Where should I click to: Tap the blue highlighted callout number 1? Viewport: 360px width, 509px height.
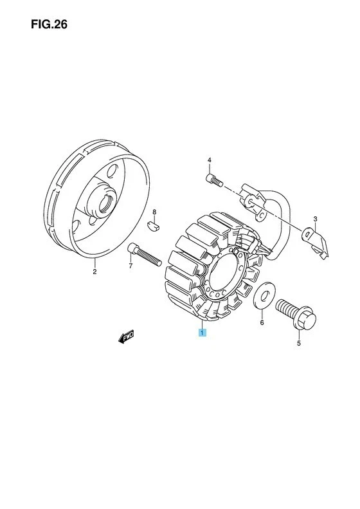pos(203,333)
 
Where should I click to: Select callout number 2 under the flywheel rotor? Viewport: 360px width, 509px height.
pos(94,272)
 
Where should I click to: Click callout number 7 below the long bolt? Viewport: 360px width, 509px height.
pos(130,266)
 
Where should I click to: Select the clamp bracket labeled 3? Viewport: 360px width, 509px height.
pos(315,241)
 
